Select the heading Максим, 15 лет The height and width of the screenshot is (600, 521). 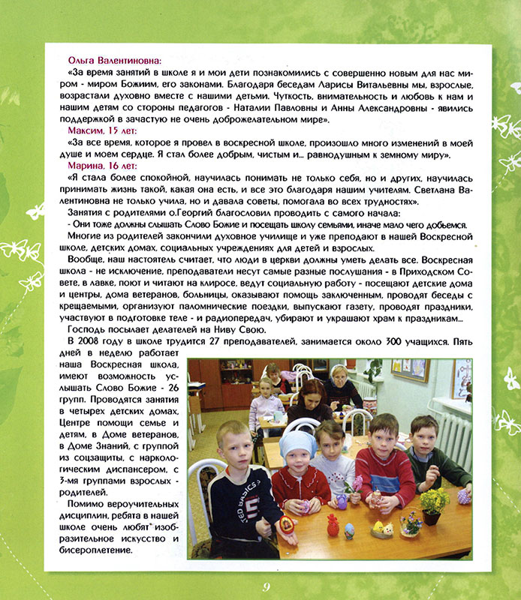(94, 130)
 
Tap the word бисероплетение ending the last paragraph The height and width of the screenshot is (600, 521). (100, 550)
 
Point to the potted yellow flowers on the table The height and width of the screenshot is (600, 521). (434, 502)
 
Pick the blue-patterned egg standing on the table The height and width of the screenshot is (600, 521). (349, 531)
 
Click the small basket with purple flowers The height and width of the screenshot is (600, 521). (410, 525)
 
